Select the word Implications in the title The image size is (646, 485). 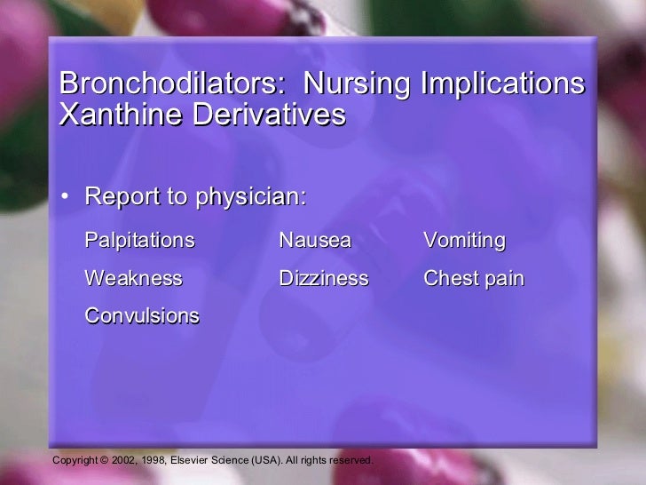coord(502,85)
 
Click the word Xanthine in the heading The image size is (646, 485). coord(114,115)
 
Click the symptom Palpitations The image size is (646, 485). coord(139,241)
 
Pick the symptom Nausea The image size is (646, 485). coord(315,241)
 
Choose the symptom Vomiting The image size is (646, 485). coord(464,241)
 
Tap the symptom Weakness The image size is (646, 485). coord(133,279)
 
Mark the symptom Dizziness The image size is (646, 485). coord(323,279)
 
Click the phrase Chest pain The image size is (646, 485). coord(474,279)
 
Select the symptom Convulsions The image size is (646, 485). coord(142,316)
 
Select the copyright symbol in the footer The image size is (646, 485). coord(104,460)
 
